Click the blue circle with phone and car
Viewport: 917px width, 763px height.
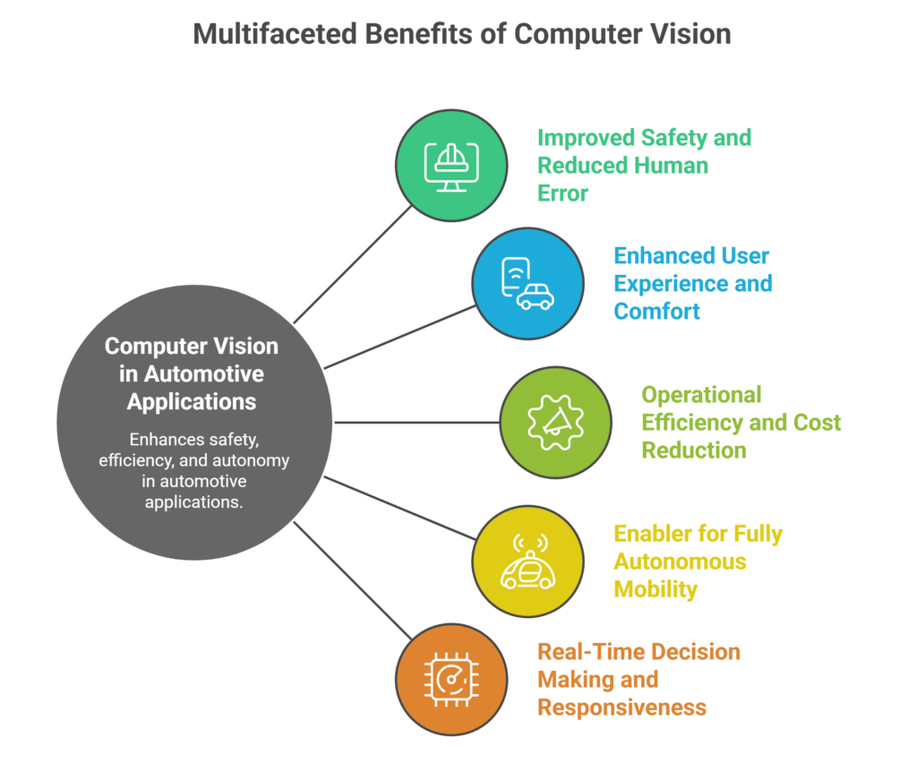[528, 284]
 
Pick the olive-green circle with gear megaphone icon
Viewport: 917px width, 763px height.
[555, 422]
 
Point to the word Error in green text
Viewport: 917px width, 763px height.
[562, 193]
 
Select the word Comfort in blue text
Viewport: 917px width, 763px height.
[656, 311]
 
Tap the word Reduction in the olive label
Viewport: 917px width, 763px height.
[693, 450]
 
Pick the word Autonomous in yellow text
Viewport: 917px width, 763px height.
[680, 562]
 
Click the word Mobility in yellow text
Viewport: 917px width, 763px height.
[656, 589]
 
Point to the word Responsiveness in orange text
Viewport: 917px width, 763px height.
[621, 707]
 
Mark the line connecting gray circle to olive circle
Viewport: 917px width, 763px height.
[416, 422]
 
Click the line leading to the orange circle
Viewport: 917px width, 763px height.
[349, 578]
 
